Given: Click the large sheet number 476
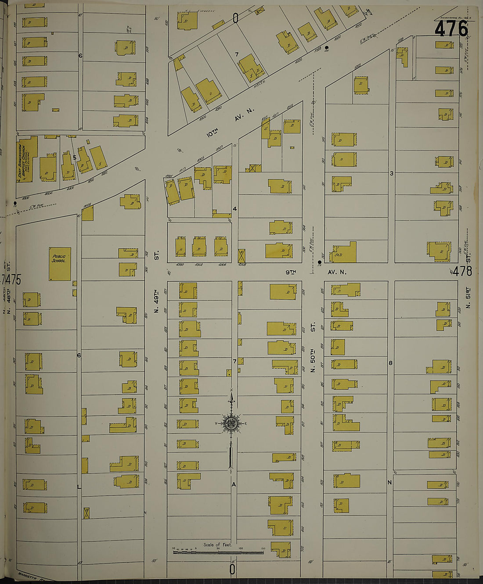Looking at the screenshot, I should coord(451,29).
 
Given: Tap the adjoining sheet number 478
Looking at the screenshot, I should coord(462,272).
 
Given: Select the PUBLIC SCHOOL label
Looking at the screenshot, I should coord(59,258).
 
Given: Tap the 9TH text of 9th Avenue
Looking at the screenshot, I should coord(291,272).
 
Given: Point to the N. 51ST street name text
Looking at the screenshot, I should coord(468,298).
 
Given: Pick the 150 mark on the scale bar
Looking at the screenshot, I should coord(263,548).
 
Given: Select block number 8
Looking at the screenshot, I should coord(390,363).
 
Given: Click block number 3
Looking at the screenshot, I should coord(392,173).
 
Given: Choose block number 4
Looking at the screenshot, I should coord(234,209).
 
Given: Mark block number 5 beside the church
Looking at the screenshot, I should coord(75,157).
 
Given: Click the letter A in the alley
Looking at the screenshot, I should coord(234,484).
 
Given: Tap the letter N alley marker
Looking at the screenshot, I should coord(389,483).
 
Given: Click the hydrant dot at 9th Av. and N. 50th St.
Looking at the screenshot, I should coord(319,262).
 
